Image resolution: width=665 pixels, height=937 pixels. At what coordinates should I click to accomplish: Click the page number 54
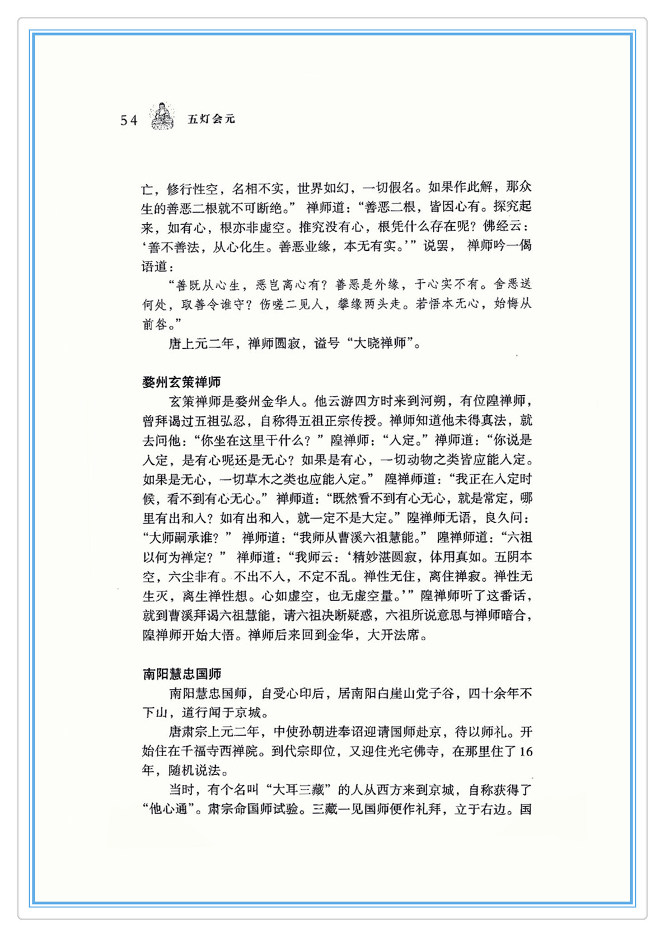point(129,120)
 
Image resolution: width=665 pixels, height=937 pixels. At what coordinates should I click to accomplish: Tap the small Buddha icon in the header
point(162,116)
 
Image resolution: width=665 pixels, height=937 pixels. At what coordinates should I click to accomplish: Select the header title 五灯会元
point(211,119)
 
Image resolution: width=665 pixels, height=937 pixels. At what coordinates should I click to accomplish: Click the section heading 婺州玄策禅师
point(181,382)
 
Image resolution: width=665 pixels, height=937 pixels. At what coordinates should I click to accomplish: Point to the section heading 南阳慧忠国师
point(181,674)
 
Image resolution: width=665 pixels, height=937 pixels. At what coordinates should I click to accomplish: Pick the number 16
point(526,752)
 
